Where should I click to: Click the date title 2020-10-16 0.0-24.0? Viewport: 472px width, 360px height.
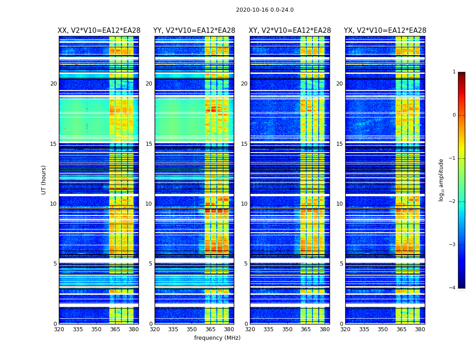[265, 10]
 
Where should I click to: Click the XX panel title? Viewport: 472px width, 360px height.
[99, 31]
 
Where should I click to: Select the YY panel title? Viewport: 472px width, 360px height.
[194, 31]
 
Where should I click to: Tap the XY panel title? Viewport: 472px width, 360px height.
[290, 31]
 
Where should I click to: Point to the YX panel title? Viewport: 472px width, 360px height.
[385, 31]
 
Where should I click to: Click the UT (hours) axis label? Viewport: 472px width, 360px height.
[44, 180]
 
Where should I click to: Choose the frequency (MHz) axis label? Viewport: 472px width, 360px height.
[217, 338]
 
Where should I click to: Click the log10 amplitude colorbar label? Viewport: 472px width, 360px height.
[441, 180]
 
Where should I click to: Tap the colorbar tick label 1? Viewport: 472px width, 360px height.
[454, 72]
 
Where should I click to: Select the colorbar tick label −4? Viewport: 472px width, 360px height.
[453, 288]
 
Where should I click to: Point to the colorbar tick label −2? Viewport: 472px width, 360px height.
[453, 202]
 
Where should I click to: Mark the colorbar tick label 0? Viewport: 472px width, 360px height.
[454, 115]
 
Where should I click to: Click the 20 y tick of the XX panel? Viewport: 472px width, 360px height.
[53, 84]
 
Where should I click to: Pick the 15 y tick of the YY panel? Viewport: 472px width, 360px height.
[149, 144]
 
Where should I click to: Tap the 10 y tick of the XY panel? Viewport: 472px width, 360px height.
[244, 204]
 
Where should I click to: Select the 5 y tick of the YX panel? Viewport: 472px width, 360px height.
[341, 264]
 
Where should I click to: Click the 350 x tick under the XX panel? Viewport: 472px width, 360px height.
[97, 329]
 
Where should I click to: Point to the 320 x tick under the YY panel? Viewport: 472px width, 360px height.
[155, 329]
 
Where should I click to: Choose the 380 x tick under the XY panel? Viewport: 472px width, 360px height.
[325, 329]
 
